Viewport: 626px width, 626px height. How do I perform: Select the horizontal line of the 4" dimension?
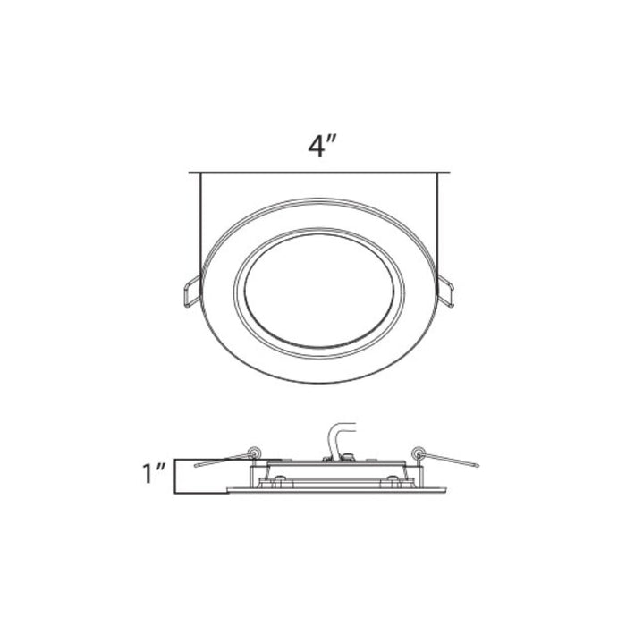point(318,172)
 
